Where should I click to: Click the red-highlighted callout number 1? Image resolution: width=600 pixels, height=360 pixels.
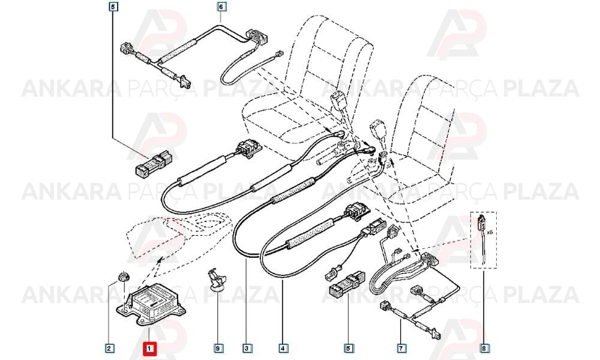[149, 349]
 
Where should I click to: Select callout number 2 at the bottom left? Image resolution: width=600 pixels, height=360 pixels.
[109, 349]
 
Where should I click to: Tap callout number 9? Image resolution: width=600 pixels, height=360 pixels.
[218, 349]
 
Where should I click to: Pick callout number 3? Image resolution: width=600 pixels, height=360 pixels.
[247, 349]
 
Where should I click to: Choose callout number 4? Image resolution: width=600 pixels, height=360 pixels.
[283, 349]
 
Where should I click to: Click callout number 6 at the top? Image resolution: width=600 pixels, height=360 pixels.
[220, 7]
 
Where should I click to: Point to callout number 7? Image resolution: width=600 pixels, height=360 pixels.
[401, 349]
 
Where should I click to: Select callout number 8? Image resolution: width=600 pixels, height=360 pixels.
[484, 349]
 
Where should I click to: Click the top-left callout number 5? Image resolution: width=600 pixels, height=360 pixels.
[113, 7]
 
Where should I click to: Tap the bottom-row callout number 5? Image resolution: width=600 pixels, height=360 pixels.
[348, 349]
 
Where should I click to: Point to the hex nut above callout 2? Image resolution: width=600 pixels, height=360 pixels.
[123, 276]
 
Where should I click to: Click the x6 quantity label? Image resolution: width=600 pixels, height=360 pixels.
[490, 232]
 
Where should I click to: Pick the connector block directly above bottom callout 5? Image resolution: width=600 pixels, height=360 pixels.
[346, 284]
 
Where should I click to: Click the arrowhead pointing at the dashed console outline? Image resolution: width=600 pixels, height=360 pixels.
[158, 260]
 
